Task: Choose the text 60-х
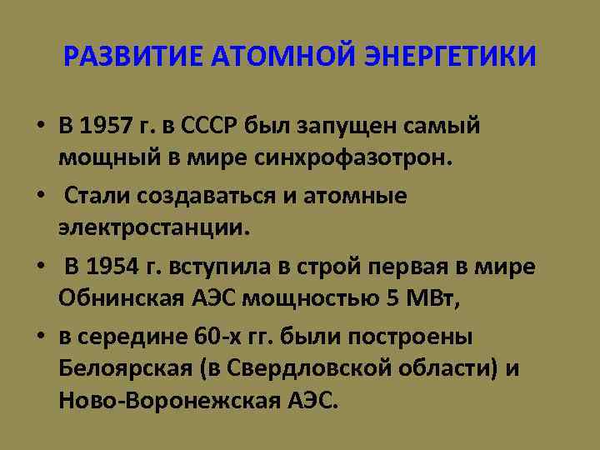(x=222, y=337)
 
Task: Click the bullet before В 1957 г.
(x=40, y=127)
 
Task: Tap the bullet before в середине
(x=40, y=337)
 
